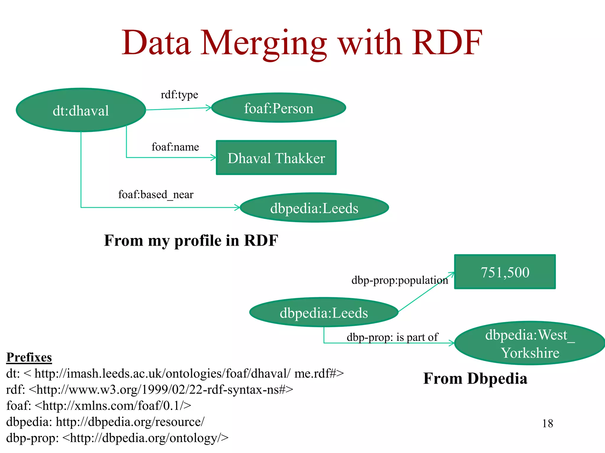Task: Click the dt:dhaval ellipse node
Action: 81,110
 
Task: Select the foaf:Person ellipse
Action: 279,108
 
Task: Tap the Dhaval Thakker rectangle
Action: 276,158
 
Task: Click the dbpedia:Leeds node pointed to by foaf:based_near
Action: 314,208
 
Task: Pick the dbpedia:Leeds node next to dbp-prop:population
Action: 324,312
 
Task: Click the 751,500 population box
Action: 505,272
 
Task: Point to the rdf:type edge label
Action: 179,95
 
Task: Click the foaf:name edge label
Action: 175,147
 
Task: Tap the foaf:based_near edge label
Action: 156,195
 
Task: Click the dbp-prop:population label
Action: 399,280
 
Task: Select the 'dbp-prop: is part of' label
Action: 392,337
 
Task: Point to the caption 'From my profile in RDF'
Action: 191,240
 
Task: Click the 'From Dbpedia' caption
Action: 475,378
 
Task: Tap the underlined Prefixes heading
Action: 29,357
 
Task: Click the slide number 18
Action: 547,424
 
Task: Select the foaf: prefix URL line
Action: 99,406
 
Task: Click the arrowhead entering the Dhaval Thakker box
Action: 214,157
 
